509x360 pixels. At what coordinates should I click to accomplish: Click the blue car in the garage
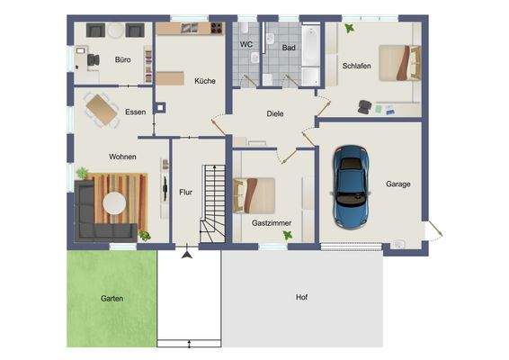(352, 187)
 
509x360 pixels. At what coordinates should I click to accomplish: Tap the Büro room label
(122, 60)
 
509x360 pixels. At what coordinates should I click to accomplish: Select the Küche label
(205, 82)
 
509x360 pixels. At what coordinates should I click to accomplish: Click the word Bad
(288, 47)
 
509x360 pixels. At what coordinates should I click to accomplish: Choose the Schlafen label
(357, 67)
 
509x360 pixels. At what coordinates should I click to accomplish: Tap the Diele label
(275, 115)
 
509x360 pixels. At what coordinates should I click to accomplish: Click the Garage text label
(398, 184)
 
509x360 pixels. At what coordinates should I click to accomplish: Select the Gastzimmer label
(270, 221)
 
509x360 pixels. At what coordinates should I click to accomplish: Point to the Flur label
(186, 192)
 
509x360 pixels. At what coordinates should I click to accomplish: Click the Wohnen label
(123, 157)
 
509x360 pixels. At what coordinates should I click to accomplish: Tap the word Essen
(137, 112)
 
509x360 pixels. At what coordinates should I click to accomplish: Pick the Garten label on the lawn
(112, 298)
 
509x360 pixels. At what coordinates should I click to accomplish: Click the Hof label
(301, 297)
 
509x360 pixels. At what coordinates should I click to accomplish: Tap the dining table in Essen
(101, 109)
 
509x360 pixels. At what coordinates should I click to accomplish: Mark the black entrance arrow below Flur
(187, 256)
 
